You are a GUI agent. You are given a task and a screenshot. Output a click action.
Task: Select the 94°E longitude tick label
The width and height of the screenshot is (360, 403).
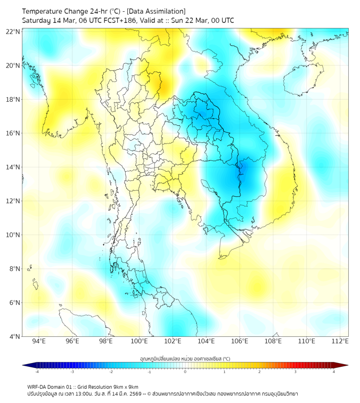39,342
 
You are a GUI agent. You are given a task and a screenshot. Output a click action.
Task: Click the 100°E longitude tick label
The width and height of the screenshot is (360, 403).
140,342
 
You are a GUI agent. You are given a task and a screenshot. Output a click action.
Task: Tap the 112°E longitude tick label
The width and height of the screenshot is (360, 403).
340,342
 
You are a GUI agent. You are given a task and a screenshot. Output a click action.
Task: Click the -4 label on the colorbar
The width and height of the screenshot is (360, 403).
36,372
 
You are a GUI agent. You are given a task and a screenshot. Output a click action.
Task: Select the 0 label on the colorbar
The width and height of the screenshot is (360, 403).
185,372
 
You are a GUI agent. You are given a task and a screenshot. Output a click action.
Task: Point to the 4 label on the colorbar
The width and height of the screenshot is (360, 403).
334,372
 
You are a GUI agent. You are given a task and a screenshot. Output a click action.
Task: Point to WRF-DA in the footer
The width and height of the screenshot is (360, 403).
37,386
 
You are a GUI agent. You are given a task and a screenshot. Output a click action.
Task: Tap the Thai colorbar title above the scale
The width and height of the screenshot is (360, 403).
185,358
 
